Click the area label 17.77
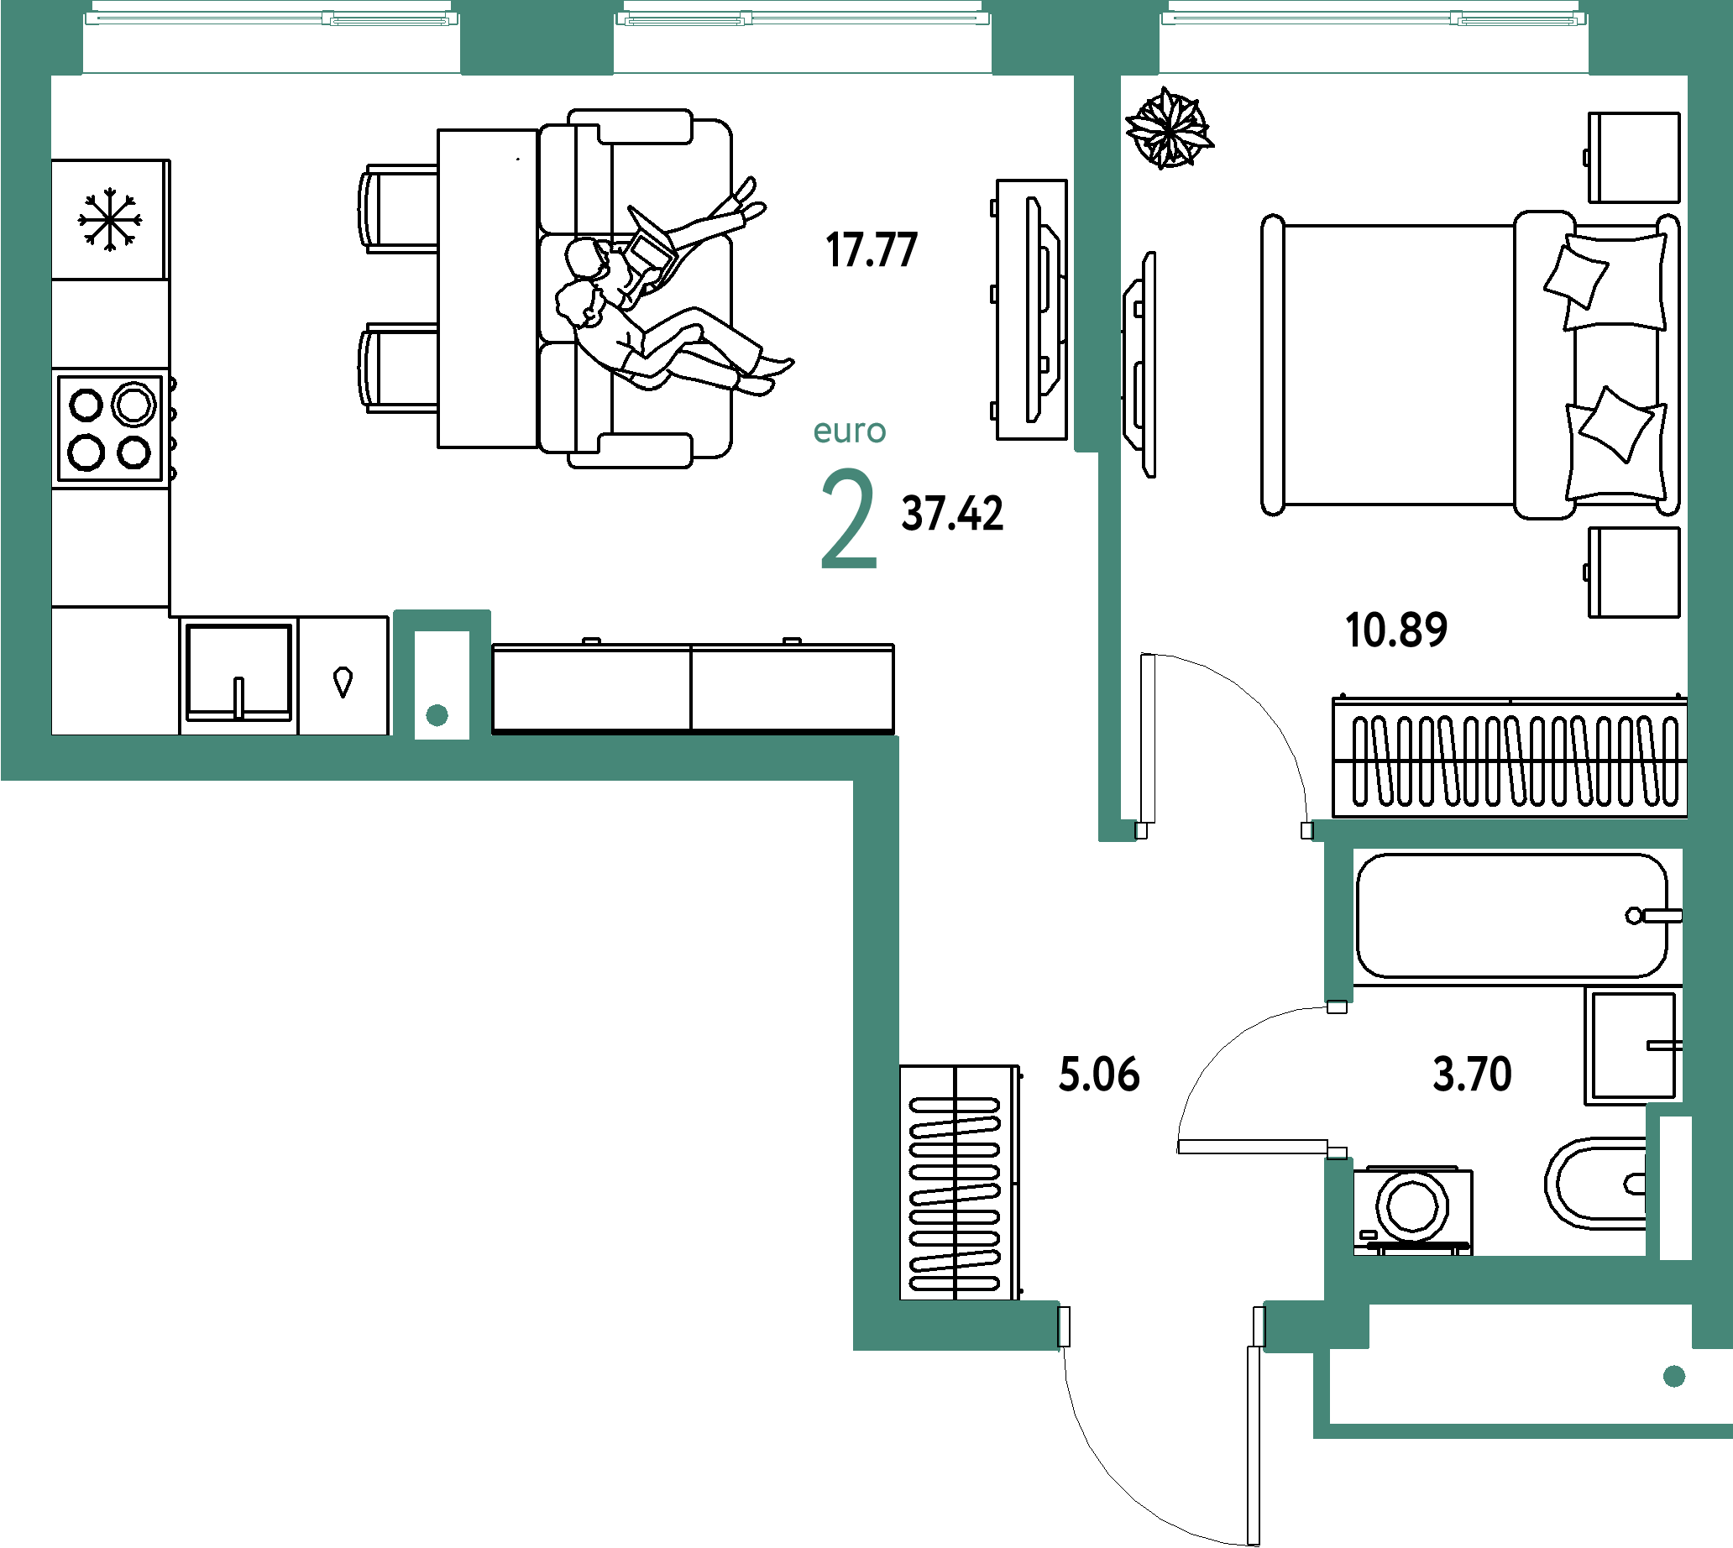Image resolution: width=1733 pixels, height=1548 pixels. (x=872, y=250)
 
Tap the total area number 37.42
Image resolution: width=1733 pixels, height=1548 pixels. (x=952, y=514)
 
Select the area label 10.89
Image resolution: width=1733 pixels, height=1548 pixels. (x=1398, y=630)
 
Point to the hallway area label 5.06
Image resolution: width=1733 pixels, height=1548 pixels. (x=1098, y=1074)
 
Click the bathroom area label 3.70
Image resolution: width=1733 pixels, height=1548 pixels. (x=1472, y=1074)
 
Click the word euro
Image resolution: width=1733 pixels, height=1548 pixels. (x=849, y=431)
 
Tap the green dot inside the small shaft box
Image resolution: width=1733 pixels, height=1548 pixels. (x=437, y=715)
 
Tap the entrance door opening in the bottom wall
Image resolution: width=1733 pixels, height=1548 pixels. (x=1161, y=1326)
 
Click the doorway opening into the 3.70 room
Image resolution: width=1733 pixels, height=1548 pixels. (x=1338, y=1080)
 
